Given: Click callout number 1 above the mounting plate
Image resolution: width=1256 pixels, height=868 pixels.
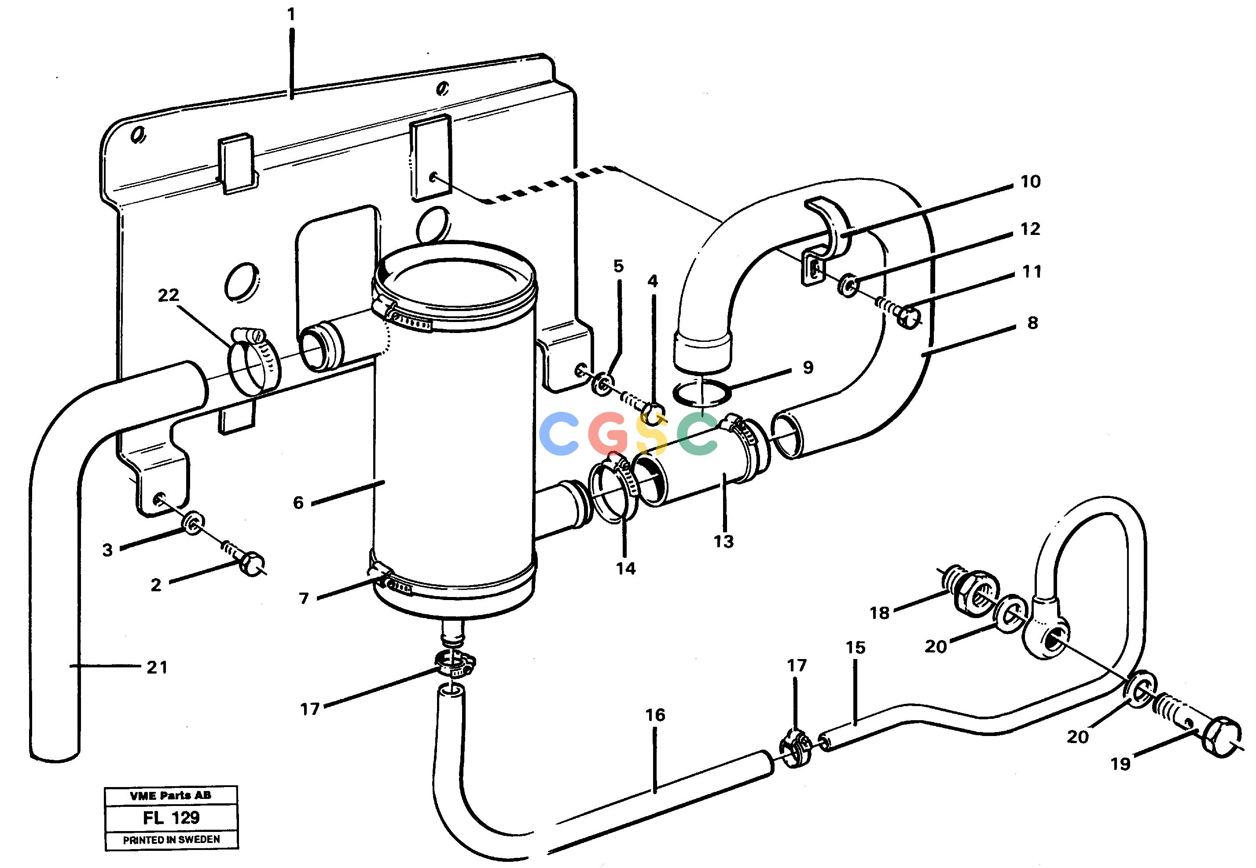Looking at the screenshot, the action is tap(292, 14).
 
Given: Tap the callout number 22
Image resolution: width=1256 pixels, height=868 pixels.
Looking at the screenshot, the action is tap(168, 295).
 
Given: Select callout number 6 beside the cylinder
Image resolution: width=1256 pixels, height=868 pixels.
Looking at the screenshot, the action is tap(298, 502).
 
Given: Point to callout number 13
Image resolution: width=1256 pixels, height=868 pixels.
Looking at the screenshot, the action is tap(723, 541).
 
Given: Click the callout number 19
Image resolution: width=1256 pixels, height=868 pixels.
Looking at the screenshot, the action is tap(1120, 764).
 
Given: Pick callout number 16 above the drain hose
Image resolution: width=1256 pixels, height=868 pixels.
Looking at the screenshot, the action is tap(655, 715).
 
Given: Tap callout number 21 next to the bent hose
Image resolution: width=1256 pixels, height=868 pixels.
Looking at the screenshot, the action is tap(157, 667).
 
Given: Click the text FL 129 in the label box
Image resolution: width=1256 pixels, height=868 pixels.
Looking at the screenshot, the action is tap(171, 817).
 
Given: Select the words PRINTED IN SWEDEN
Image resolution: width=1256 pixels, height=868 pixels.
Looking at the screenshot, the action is tap(171, 840).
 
